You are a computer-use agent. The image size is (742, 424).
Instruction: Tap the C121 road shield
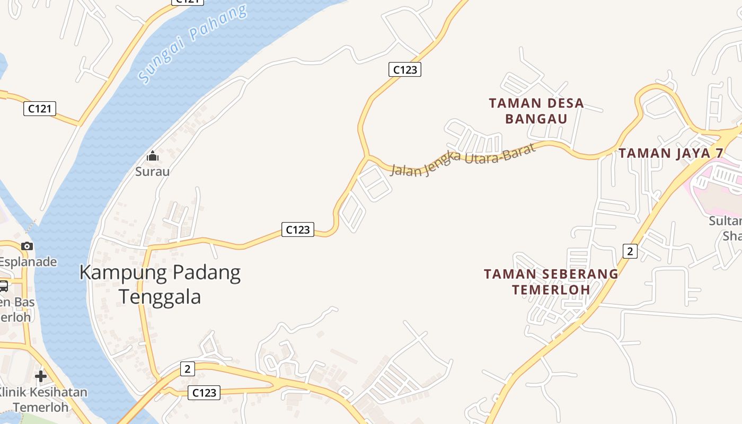tap(40, 109)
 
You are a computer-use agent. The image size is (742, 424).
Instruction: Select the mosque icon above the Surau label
tap(153, 156)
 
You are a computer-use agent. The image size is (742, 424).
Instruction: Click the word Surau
tap(153, 171)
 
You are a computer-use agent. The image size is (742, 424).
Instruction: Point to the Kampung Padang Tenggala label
tap(160, 284)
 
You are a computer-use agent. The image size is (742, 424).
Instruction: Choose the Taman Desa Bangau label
tap(536, 111)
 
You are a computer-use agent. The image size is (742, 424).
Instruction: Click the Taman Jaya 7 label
tap(671, 153)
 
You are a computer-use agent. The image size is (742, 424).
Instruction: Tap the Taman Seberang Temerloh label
tap(551, 281)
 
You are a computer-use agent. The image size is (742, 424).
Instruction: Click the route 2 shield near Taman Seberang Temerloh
tap(630, 251)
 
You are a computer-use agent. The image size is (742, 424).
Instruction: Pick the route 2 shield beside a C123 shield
tap(187, 368)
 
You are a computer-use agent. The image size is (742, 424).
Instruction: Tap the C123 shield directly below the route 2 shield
tap(204, 393)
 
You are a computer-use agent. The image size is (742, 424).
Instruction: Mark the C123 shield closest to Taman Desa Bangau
tap(405, 69)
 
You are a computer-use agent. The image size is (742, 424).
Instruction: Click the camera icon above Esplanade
tap(27, 246)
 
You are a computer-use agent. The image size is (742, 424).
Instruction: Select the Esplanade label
tap(28, 261)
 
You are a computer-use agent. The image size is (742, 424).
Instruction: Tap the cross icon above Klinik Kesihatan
tap(41, 376)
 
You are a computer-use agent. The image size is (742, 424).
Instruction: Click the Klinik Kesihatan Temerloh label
tap(42, 400)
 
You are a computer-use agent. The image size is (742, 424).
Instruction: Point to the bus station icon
tap(3, 286)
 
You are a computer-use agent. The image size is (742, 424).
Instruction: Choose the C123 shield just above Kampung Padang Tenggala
tap(297, 229)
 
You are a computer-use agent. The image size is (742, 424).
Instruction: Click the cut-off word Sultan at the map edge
tap(726, 221)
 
